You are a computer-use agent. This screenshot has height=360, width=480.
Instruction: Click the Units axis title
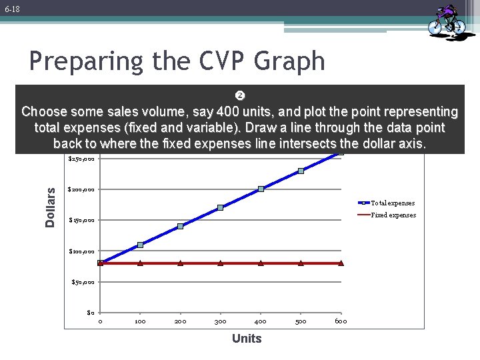pos(247,339)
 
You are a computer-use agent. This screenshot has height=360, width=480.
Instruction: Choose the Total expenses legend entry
pos(392,203)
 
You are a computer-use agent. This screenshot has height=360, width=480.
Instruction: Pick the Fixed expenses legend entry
pos(392,215)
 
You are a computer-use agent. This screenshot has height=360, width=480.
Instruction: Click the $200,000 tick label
pos(82,189)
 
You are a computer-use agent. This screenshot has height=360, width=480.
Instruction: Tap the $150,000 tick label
pos(83,221)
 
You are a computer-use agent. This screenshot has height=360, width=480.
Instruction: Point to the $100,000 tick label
pos(83,251)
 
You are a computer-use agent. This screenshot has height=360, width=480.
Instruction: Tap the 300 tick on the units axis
pos(220,321)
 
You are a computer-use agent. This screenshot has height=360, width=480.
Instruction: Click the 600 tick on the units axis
pos(341,321)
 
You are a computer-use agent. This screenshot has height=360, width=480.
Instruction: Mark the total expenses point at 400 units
pos(261,189)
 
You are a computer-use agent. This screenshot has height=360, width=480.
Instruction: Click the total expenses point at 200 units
pos(180,227)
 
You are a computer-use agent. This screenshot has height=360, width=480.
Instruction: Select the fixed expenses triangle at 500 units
pos(301,263)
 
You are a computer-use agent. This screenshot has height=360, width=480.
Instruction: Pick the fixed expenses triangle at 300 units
pos(220,263)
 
